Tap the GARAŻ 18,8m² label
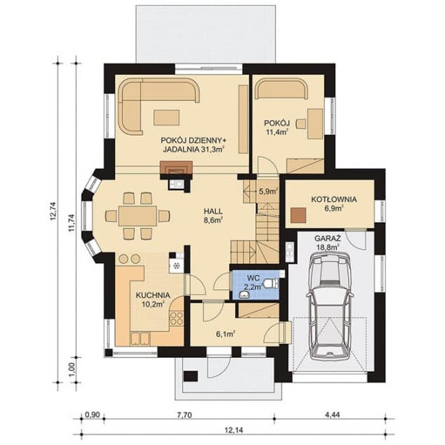point(328,243)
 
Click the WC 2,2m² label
point(252,281)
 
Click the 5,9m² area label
point(267,190)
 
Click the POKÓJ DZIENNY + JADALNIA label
point(192,144)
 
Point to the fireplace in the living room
point(175,168)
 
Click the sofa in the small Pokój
point(279,90)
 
